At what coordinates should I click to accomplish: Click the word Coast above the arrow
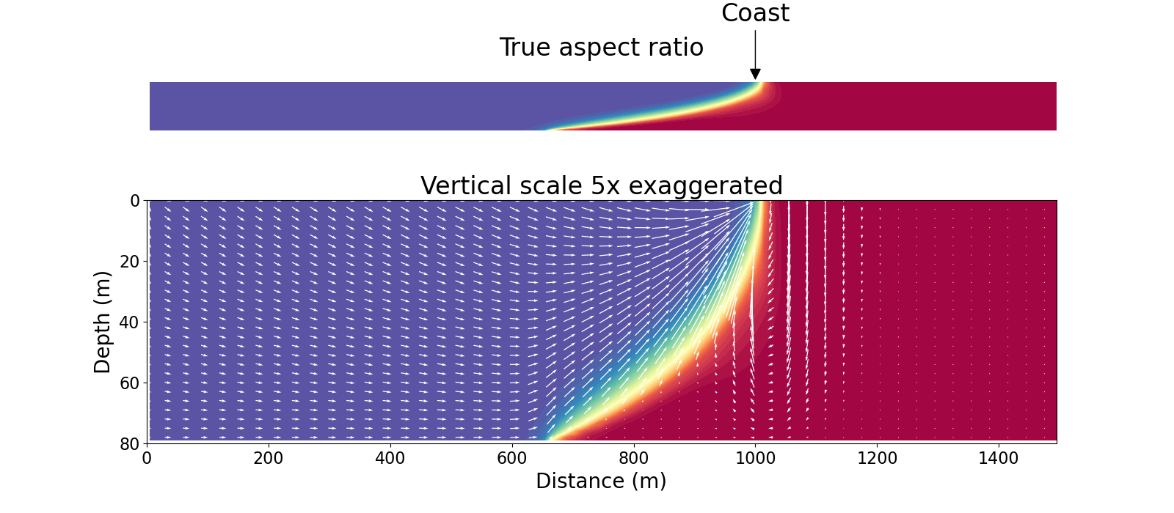click(x=755, y=13)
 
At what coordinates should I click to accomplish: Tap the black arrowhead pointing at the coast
click(x=755, y=74)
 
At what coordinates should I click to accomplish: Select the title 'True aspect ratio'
click(x=601, y=48)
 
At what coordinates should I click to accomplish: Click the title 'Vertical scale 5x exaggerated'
click(x=601, y=186)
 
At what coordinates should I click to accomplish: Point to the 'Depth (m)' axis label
click(x=103, y=322)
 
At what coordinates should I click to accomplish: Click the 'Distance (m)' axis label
click(x=601, y=481)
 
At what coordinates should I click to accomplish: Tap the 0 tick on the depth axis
click(x=134, y=201)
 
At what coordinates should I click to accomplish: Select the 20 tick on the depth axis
click(x=130, y=262)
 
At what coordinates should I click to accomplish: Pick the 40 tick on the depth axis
click(x=130, y=322)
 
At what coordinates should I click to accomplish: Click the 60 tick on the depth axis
click(x=130, y=383)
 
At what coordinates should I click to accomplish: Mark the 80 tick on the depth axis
click(x=130, y=443)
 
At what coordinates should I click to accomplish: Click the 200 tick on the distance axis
click(x=269, y=459)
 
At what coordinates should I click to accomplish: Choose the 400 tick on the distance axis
click(x=390, y=459)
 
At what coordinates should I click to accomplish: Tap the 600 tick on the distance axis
click(x=512, y=459)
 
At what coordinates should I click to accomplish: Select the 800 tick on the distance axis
click(x=634, y=459)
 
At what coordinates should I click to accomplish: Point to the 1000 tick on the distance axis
click(x=756, y=459)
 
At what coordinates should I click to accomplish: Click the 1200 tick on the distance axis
click(x=878, y=459)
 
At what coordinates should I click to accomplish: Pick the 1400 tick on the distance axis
click(x=999, y=459)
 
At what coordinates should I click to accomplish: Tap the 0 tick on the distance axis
click(x=147, y=459)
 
